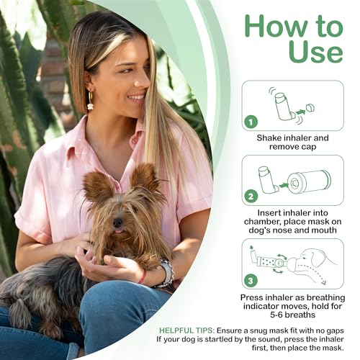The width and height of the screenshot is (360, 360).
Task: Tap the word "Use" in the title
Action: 315,52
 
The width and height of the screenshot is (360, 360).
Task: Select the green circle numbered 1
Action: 251,122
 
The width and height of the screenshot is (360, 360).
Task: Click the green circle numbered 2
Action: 251,195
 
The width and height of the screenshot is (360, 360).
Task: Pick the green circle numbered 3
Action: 251,280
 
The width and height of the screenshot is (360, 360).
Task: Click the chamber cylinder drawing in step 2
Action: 308,181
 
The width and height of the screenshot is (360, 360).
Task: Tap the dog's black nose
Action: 117,222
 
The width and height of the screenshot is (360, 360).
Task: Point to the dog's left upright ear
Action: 96,186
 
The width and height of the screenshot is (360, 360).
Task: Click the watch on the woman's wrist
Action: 167,273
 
